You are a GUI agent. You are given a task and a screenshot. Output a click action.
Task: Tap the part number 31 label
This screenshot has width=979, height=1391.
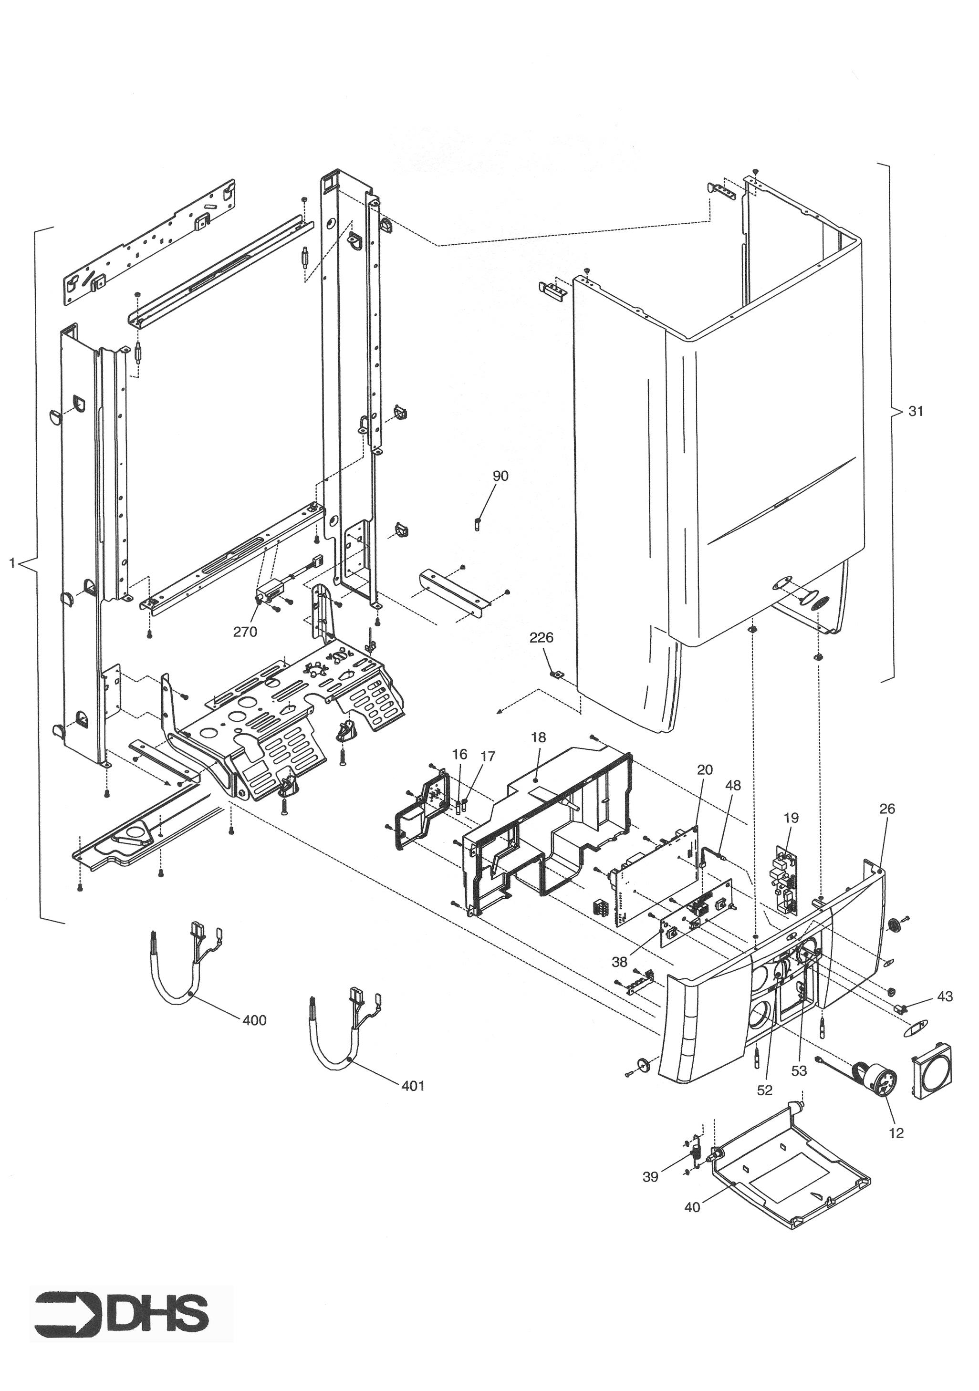click(916, 411)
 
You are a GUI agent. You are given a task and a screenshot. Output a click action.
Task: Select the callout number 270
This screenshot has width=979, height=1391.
click(245, 632)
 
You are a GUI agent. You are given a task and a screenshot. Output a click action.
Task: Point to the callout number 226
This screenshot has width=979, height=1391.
click(541, 637)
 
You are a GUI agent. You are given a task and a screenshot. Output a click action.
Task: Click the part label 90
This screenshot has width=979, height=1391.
click(500, 476)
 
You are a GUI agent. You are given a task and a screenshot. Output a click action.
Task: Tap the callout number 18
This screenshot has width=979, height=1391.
click(538, 737)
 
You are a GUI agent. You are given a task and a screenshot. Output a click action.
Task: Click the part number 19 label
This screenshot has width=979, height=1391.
click(791, 818)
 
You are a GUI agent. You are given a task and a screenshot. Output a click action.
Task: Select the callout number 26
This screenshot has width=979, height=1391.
click(887, 809)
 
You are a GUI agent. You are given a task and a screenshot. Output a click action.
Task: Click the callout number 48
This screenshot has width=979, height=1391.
click(732, 785)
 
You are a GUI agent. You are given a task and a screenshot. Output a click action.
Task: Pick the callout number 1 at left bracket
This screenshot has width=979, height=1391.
click(11, 563)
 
